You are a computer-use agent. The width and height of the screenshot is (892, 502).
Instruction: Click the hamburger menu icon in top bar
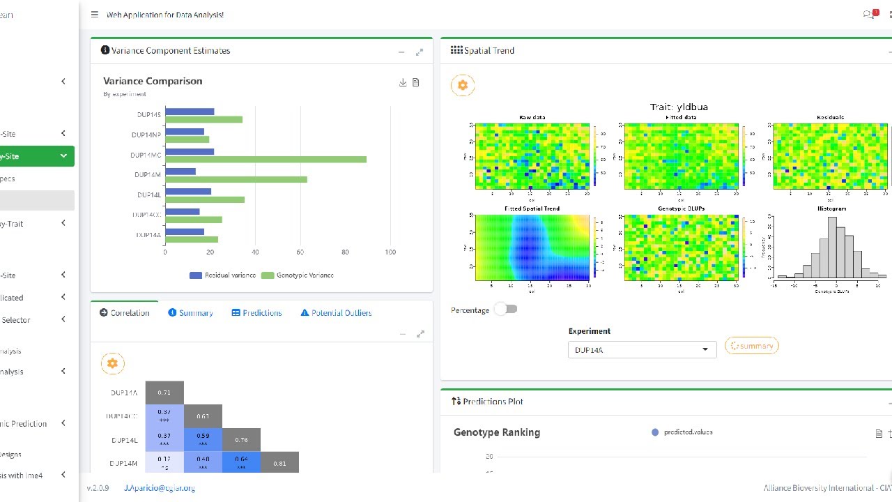pyautogui.click(x=95, y=15)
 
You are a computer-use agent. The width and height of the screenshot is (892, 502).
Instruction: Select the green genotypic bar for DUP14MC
pyautogui.click(x=266, y=160)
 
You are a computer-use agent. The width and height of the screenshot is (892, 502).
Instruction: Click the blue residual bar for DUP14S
pyautogui.click(x=190, y=112)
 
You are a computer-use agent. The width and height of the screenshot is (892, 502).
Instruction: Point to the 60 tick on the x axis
pyautogui.click(x=300, y=252)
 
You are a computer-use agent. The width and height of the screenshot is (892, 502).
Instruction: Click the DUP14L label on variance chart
pyautogui.click(x=148, y=195)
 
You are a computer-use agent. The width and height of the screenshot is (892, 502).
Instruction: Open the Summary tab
pyautogui.click(x=190, y=313)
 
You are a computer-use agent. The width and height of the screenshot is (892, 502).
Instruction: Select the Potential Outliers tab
pyautogui.click(x=336, y=313)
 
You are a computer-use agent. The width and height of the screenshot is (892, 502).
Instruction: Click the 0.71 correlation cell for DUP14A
pyautogui.click(x=164, y=393)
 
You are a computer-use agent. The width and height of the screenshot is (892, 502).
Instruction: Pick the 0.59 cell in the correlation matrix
pyautogui.click(x=203, y=439)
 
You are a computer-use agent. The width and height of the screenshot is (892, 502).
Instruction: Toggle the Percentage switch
pyautogui.click(x=506, y=309)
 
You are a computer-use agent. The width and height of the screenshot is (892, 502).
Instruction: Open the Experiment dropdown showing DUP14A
pyautogui.click(x=642, y=349)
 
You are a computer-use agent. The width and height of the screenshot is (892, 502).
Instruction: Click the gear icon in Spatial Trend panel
pyautogui.click(x=463, y=86)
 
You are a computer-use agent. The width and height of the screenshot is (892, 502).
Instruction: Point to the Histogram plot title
pyautogui.click(x=831, y=208)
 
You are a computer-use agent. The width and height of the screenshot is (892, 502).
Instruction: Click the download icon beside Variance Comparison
pyautogui.click(x=403, y=82)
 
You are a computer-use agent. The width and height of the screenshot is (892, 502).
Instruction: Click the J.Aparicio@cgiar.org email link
pyautogui.click(x=160, y=488)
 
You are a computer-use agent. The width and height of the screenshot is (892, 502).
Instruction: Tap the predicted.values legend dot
pyautogui.click(x=654, y=432)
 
